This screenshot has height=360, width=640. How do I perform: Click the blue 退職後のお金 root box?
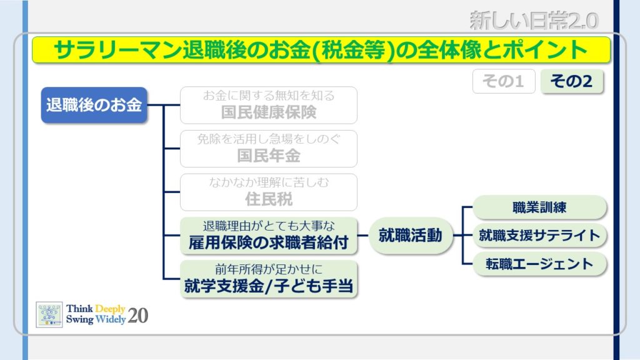click(x=94, y=105)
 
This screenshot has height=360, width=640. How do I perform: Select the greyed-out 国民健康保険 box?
click(x=269, y=105)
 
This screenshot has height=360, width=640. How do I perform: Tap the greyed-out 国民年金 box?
click(x=269, y=149)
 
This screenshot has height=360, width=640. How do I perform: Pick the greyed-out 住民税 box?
click(x=269, y=192)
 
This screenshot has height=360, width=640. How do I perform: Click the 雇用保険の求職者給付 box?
click(x=269, y=236)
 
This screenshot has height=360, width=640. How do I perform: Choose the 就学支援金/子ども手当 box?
click(x=269, y=279)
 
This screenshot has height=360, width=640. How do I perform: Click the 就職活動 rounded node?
click(x=411, y=236)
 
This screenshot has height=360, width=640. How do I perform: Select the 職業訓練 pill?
click(x=539, y=207)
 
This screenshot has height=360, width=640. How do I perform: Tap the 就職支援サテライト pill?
click(x=539, y=236)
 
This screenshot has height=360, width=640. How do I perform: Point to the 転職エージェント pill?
click(x=539, y=264)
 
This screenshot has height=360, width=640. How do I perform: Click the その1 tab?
click(x=504, y=81)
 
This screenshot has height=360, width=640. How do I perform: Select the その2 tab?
click(x=572, y=81)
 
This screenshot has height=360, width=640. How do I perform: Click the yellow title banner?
click(x=321, y=50)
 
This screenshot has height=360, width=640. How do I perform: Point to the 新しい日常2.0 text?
click(x=534, y=21)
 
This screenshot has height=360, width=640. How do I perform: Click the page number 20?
click(x=138, y=316)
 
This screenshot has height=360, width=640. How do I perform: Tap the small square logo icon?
click(x=49, y=315)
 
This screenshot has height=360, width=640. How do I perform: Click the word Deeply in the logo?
click(x=110, y=309)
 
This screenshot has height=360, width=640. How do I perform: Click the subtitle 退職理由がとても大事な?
click(x=269, y=226)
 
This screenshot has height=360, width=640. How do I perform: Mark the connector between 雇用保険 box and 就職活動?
click(x=363, y=236)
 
